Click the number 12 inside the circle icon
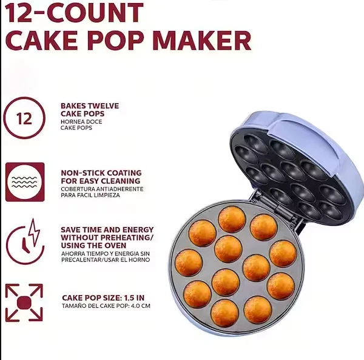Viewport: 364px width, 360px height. coord(24,118)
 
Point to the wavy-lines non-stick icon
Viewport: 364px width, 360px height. coord(24,182)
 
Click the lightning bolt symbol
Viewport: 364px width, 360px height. coord(31,234)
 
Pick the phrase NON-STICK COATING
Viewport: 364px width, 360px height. coord(101,173)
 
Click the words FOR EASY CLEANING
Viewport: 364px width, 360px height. coord(100,181)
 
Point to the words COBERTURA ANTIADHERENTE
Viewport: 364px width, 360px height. coord(102,189)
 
